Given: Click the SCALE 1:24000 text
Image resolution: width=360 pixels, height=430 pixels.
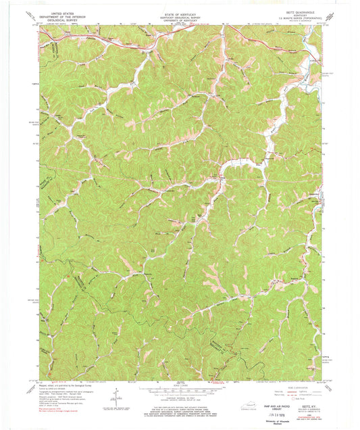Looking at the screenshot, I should click(x=180, y=387).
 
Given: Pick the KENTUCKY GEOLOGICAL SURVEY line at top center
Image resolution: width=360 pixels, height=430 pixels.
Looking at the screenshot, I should click(x=179, y=15).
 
